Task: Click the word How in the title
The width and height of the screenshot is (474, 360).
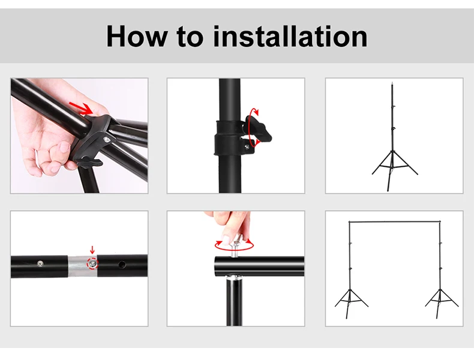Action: [x=136, y=36]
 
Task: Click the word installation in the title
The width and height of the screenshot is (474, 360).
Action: [x=290, y=36]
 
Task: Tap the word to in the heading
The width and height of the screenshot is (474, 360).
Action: [x=190, y=37]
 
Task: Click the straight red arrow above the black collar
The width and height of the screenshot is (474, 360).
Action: [x=80, y=108]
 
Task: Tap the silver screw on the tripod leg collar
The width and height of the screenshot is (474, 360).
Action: [x=106, y=140]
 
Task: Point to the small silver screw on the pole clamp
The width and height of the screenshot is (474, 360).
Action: [x=247, y=146]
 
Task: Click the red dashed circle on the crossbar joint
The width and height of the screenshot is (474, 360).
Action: [x=92, y=264]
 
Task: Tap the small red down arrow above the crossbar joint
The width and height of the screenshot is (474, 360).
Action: [x=92, y=250]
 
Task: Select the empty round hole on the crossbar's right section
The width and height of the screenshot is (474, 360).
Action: [x=122, y=265]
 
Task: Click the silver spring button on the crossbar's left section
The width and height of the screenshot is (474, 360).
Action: [x=39, y=264]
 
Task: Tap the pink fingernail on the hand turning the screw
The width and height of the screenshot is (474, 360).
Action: [x=226, y=240]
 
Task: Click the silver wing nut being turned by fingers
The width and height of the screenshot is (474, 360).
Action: [x=235, y=245]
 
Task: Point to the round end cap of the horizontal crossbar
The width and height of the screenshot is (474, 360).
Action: [x=218, y=266]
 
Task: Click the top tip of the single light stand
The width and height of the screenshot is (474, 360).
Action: [x=392, y=82]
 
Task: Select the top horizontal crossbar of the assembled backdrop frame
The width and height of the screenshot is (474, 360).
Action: [x=394, y=222]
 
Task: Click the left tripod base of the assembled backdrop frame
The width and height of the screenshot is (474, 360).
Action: [x=351, y=303]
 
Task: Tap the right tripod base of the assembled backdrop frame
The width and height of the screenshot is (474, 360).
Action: [x=442, y=303]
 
